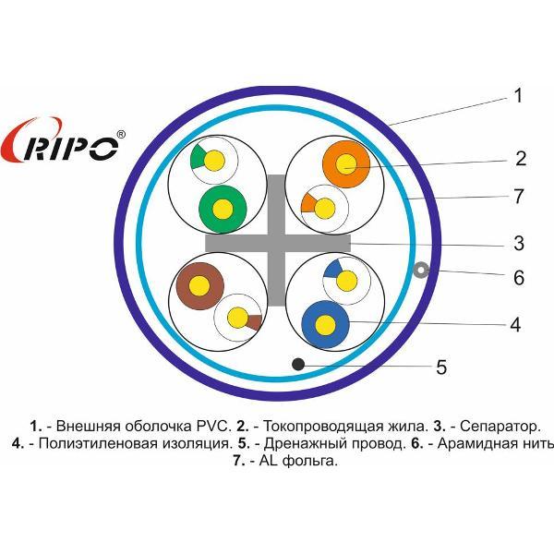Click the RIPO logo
63,140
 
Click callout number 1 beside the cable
518,96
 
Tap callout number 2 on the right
521,158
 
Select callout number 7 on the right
518,196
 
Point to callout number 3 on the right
519,244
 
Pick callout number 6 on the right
518,278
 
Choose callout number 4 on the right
515,324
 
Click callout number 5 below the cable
441,367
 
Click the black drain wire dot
298,364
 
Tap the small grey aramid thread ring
421,271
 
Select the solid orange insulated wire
346,164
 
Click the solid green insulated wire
223,210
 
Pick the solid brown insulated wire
199,286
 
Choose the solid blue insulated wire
325,324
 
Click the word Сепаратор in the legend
500,427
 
